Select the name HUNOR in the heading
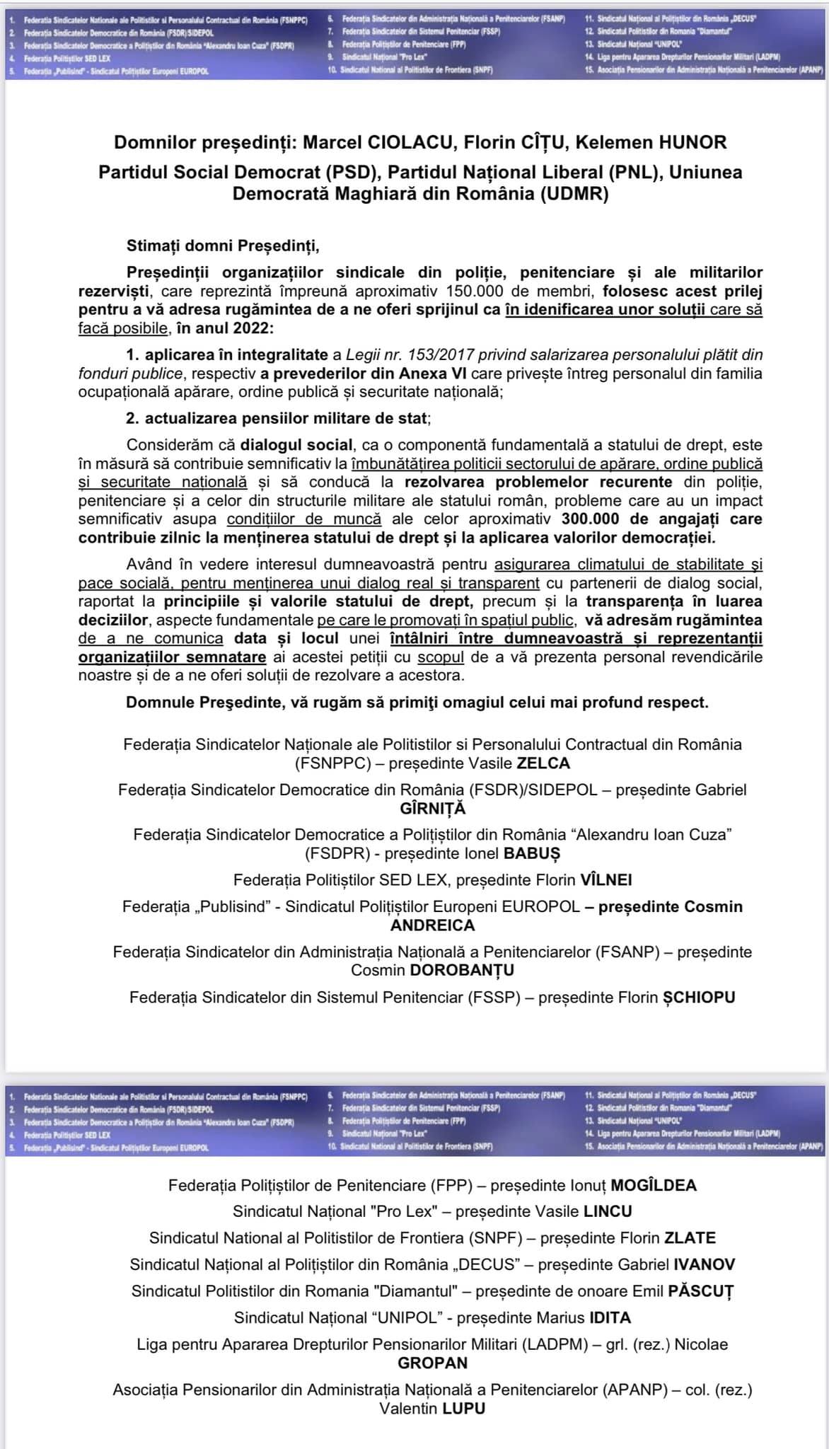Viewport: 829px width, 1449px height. (692, 143)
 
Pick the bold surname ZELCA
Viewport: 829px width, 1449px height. (543, 763)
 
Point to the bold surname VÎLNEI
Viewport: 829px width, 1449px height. (606, 880)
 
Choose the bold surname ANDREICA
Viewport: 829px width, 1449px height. (433, 925)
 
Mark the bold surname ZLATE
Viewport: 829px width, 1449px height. (690, 1238)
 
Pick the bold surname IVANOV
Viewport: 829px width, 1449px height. (705, 1264)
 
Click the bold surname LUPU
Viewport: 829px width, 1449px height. (464, 1408)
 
